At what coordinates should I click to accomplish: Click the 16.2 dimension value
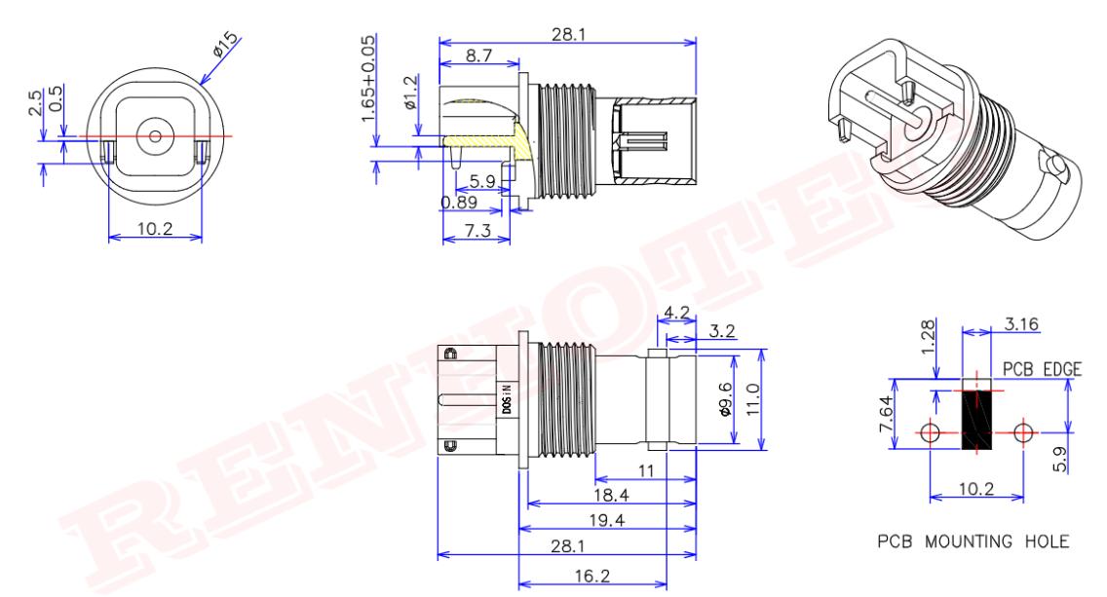point(605,577)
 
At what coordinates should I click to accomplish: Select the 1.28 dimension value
point(929,333)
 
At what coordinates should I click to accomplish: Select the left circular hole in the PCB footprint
point(931,431)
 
